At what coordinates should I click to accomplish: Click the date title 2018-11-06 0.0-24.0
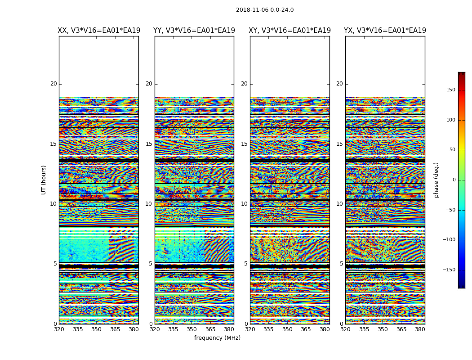point(264,10)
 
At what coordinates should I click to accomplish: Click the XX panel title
point(99,31)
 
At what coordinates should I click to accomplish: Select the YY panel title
point(194,31)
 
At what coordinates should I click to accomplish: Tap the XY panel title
point(290,31)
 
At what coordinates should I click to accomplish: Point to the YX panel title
point(385,31)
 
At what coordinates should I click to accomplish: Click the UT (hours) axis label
point(44,180)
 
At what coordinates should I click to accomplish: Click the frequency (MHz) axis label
point(217,338)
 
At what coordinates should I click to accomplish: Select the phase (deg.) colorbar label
point(436,180)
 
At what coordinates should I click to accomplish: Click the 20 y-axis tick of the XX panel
point(53,84)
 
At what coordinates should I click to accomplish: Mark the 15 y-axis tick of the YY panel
point(149,144)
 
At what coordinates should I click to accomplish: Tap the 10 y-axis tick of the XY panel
point(244,204)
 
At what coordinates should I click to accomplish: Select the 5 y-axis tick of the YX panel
point(341,264)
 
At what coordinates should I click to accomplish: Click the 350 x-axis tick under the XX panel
point(96,329)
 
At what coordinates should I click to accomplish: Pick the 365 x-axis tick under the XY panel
point(306,329)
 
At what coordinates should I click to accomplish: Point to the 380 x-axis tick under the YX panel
point(420,329)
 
